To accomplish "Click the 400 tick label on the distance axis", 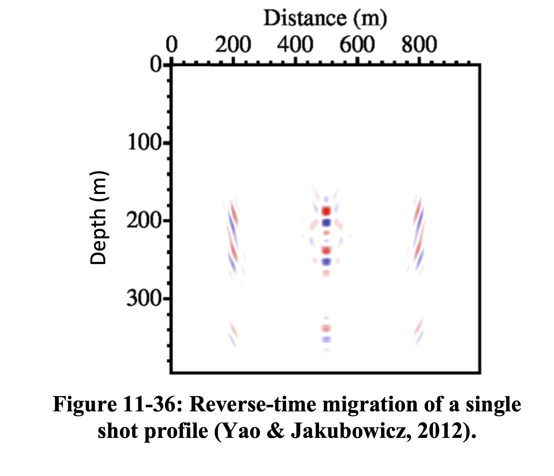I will (x=295, y=45).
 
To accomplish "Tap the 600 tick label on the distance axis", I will (x=357, y=45).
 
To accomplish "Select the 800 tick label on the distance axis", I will (x=419, y=45).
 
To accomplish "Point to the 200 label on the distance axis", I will (x=233, y=45).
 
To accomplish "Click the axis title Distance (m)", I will (x=325, y=18).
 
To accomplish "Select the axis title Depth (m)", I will (x=98, y=218).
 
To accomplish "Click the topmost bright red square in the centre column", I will (x=326, y=211).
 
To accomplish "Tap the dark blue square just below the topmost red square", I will (x=326, y=222).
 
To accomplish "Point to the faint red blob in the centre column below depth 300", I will (x=326, y=329).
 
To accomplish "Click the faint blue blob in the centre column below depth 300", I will (x=326, y=339).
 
